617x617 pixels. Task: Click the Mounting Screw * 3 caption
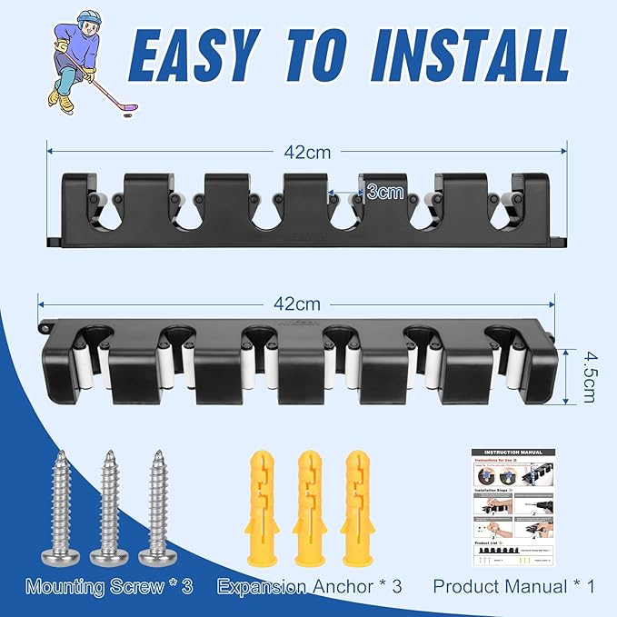(x=110, y=586)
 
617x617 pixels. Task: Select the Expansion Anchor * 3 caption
(x=309, y=586)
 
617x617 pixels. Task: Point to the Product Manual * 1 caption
(x=513, y=586)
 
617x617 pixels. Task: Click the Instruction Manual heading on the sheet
(x=514, y=453)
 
